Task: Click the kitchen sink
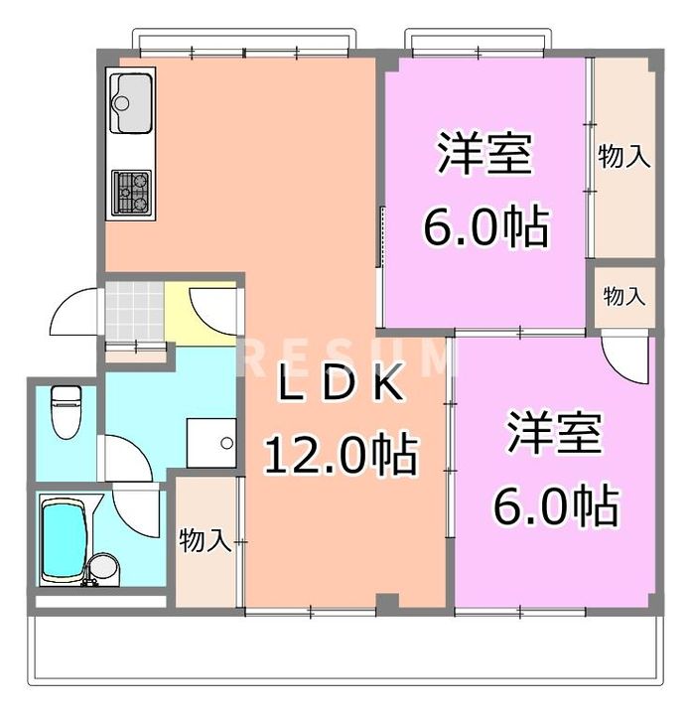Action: [131, 102]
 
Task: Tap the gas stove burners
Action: [131, 192]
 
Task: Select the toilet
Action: [67, 412]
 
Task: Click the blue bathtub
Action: [65, 543]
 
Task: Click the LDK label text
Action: [341, 385]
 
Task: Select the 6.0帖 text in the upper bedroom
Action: [485, 226]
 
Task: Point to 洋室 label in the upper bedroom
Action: [484, 153]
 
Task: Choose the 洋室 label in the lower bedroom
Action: [555, 432]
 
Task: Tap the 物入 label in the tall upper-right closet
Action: [624, 156]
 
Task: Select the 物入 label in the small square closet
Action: [624, 296]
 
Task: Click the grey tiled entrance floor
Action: [134, 311]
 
